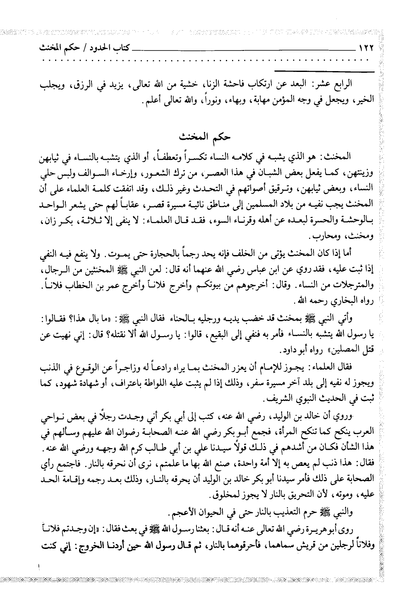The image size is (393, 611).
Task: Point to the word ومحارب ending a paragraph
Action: pos(326,238)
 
